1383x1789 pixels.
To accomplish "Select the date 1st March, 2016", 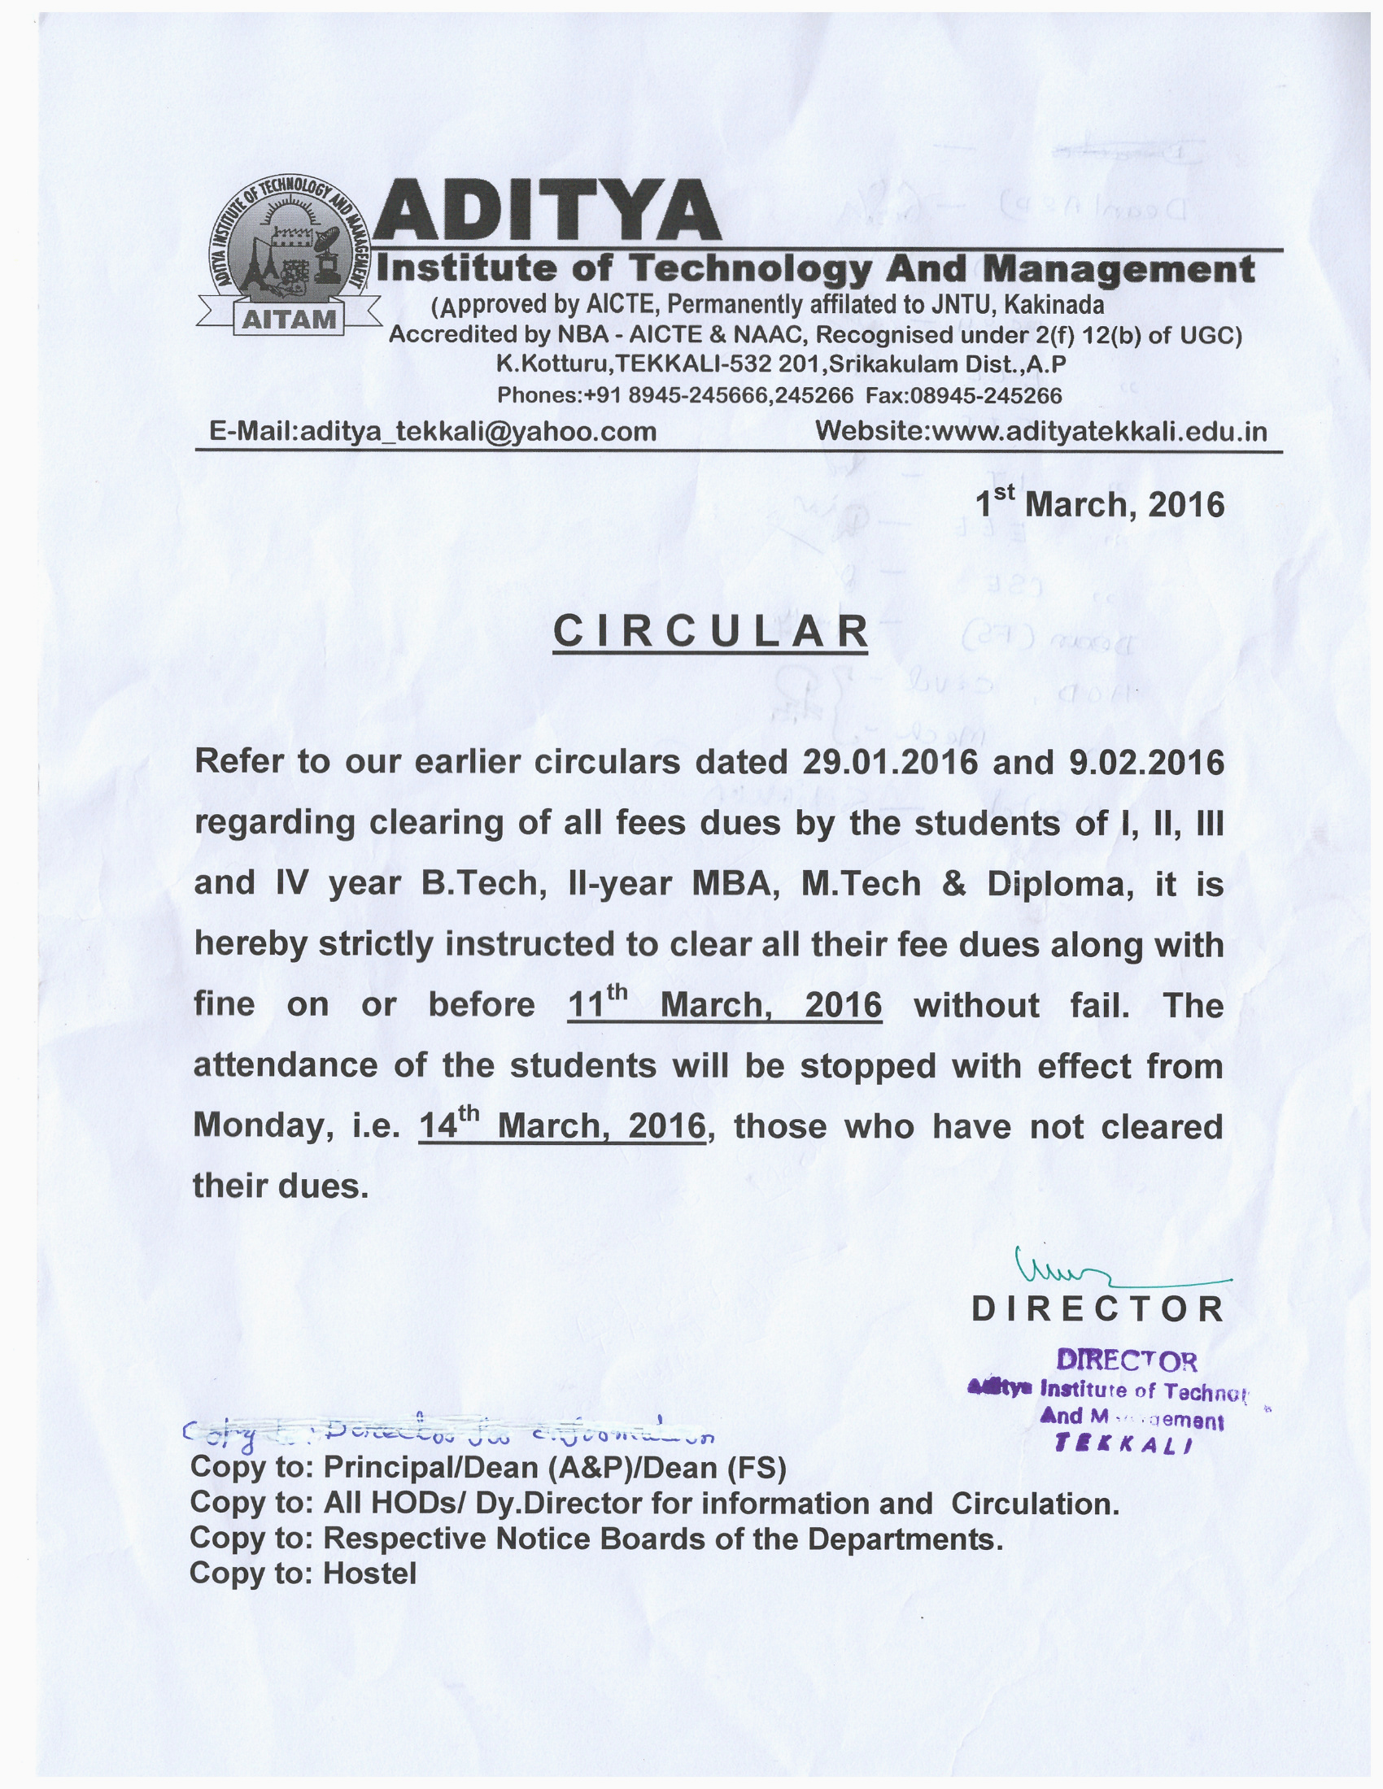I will click(x=1100, y=504).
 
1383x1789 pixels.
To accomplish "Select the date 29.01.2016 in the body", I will click(x=890, y=763).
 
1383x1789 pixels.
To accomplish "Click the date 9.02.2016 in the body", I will click(x=1146, y=763).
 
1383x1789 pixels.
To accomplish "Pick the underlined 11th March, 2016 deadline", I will click(x=724, y=1005).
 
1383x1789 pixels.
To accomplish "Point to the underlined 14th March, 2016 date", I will click(x=562, y=1125).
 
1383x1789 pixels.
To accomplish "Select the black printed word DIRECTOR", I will click(x=1098, y=1310).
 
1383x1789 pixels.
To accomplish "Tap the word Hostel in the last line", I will click(x=370, y=1574).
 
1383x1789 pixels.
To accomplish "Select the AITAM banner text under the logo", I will click(x=290, y=320).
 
